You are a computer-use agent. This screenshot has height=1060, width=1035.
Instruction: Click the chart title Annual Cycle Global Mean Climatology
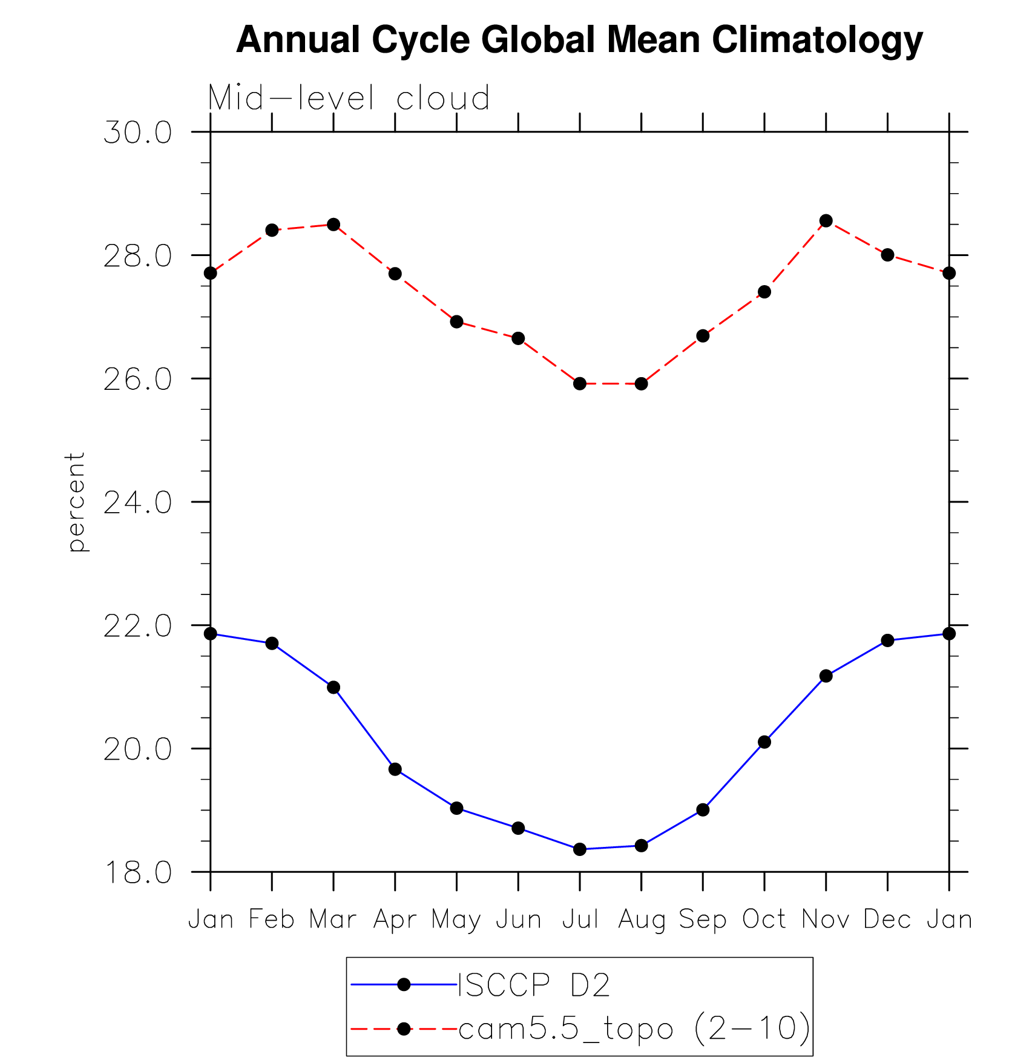pos(579,40)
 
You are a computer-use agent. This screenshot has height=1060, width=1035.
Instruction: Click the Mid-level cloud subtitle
pos(349,98)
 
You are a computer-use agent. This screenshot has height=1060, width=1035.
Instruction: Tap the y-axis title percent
pos(76,502)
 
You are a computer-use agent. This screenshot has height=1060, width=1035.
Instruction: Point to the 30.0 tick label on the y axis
pos(137,133)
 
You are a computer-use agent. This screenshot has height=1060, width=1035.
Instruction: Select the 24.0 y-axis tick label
pos(137,502)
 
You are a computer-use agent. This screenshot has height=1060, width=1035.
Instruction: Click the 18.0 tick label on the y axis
pos(137,872)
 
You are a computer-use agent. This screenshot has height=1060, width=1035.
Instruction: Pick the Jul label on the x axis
pos(580,920)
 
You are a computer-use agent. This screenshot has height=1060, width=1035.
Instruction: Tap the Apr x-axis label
pos(395,920)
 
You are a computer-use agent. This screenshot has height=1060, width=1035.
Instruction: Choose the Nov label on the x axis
pos(826,920)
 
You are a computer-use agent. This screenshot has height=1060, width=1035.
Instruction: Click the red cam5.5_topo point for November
pos(826,221)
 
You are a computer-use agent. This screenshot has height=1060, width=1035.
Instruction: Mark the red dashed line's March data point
pos(333,225)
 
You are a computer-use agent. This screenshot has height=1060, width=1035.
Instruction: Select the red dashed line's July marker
pos(580,383)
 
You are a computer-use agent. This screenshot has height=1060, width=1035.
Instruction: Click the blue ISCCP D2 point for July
pos(580,849)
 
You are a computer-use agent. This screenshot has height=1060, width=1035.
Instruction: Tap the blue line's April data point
pos(395,769)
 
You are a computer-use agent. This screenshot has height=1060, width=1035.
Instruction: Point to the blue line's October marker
pos(764,742)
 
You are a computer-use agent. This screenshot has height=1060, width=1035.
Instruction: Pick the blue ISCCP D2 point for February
pos(272,644)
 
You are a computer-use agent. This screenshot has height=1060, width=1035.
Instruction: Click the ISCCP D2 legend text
pos(534,985)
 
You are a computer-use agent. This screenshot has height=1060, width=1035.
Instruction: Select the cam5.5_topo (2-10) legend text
pos(634,1029)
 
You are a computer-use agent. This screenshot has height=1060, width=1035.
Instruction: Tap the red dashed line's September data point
pos(703,336)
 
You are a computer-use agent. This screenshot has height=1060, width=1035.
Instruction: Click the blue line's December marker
pos(888,640)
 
